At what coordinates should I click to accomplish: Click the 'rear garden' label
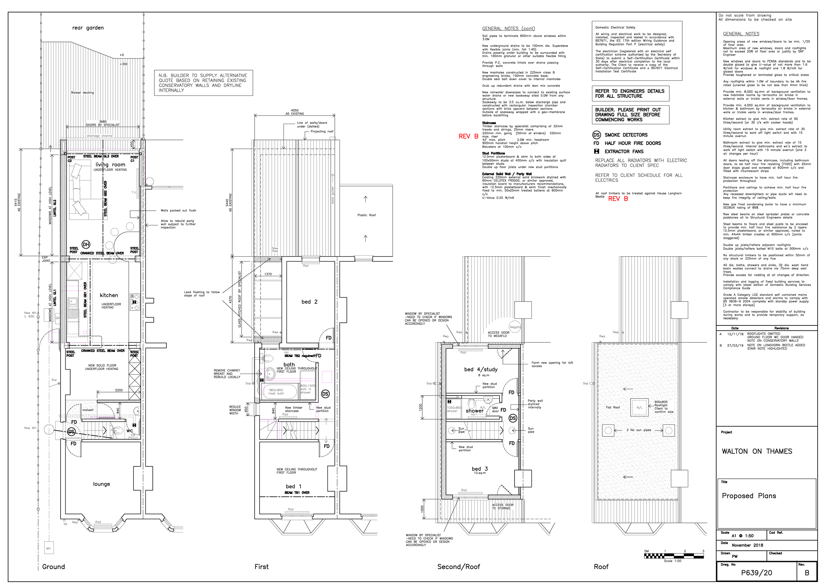88,28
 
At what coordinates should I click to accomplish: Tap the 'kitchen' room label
109,295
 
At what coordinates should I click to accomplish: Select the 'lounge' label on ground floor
102,484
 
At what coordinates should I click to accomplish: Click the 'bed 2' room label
310,302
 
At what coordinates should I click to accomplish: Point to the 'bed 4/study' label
481,370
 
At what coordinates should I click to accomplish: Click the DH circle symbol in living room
86,244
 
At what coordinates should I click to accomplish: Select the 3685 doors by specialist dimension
103,123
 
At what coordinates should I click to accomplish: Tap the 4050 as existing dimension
295,112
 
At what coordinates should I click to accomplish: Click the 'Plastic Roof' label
367,215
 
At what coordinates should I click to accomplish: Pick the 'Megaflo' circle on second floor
515,327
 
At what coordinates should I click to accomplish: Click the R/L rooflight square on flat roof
640,408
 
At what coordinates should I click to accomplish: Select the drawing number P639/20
757,573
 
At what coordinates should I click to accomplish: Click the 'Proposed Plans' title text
749,496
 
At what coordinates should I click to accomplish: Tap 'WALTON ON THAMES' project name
757,451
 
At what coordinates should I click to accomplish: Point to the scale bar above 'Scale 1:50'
674,555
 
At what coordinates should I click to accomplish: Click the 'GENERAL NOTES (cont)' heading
509,28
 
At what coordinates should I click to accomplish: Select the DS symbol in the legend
596,135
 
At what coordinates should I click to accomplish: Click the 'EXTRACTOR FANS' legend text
624,152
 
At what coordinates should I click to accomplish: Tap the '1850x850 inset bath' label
276,392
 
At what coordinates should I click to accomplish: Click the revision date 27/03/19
735,345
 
